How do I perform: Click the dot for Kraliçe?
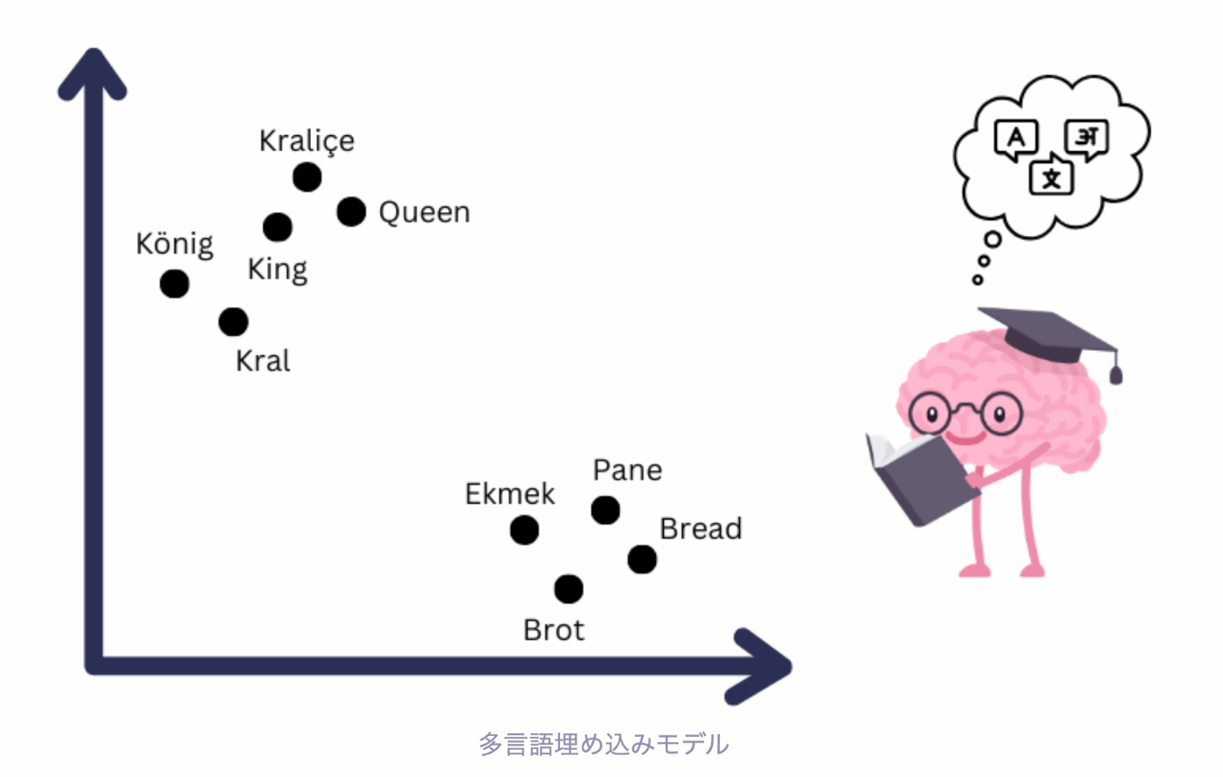307,177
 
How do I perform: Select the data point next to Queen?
351,211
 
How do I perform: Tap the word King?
277,269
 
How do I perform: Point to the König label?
175,244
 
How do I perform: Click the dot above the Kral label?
233,322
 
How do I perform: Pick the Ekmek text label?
509,494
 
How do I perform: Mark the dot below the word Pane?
605,510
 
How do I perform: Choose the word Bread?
701,529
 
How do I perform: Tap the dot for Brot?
569,589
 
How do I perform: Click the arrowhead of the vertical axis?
93,73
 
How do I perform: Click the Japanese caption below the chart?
604,745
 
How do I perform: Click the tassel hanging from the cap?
1116,374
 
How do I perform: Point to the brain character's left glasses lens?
931,413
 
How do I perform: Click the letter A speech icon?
1016,139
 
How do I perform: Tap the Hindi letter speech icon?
1087,138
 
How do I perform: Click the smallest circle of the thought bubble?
978,280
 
